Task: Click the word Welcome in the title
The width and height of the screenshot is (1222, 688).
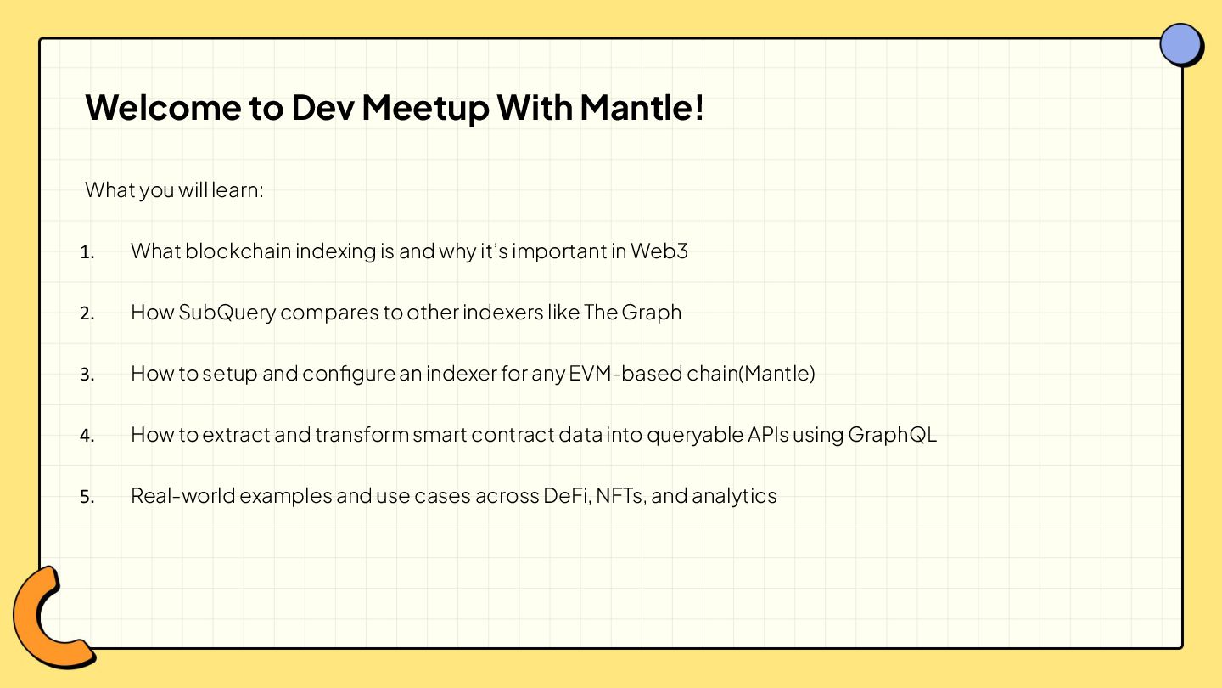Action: point(163,108)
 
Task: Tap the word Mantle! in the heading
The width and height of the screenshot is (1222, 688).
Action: point(642,107)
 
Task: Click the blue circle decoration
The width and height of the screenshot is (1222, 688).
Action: point(1181,45)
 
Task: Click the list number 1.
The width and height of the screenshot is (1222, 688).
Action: point(87,252)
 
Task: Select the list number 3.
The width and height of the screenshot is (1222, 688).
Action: point(87,375)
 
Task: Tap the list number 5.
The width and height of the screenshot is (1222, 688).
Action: point(87,497)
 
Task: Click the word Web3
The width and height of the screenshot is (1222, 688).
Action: point(659,251)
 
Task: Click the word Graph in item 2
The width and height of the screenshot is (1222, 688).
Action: point(652,313)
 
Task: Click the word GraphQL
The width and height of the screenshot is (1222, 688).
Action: point(893,435)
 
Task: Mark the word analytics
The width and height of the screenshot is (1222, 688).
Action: point(734,496)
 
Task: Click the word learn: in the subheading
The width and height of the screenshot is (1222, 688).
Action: point(238,190)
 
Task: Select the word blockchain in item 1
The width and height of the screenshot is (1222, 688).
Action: point(238,251)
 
